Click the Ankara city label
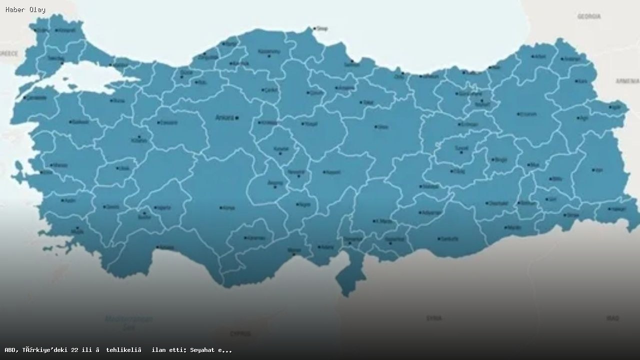point(224,118)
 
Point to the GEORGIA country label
point(589,16)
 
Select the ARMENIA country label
point(627,81)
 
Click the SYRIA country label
point(433,318)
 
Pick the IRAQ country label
point(612,318)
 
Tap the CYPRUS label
point(240,333)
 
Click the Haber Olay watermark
point(25,9)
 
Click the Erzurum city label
point(528,114)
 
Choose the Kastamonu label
point(269,51)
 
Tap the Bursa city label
point(119,100)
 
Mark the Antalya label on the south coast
point(167,247)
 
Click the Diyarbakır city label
point(498,203)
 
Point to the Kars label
point(583,81)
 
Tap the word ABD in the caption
point(11,350)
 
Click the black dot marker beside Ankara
point(237,118)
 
